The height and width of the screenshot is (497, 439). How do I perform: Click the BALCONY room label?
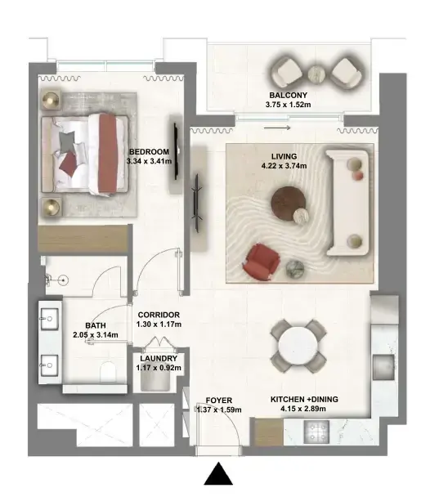tap(288, 95)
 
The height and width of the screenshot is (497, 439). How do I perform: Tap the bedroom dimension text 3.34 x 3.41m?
tap(149, 161)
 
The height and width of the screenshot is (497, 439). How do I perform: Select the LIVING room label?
tap(284, 156)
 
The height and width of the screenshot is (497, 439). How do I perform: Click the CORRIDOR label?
tap(159, 315)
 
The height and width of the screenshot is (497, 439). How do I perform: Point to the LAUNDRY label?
tap(159, 359)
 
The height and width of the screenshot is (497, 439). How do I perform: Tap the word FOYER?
tap(219, 401)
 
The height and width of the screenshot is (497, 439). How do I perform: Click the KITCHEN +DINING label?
tap(304, 400)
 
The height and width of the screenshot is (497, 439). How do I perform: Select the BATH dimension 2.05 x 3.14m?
tap(96, 334)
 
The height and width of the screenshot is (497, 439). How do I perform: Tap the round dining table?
tap(298, 346)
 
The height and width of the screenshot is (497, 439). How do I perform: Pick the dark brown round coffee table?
tap(289, 204)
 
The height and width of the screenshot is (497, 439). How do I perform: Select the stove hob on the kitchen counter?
tap(316, 432)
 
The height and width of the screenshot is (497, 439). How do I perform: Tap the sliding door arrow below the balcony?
tap(277, 128)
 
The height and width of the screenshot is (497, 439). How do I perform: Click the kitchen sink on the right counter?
tap(383, 367)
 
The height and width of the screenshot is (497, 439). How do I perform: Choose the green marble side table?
tap(295, 269)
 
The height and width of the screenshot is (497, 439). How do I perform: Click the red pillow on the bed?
tap(68, 163)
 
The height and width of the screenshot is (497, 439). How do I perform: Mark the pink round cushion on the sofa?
tap(358, 175)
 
